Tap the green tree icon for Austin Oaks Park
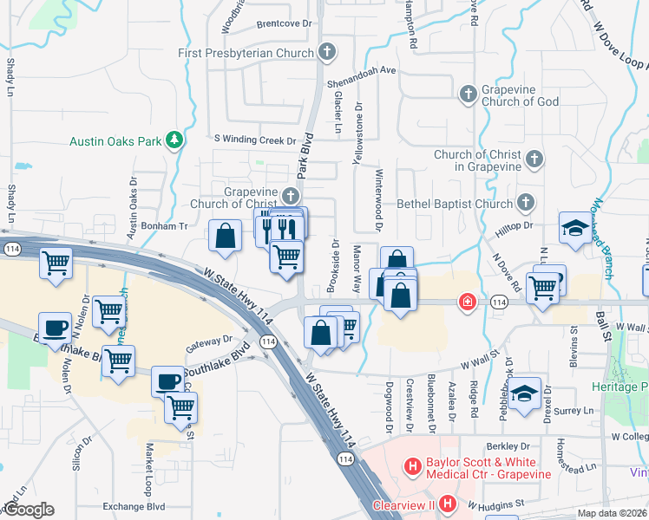(174, 139)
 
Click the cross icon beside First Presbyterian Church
(327, 52)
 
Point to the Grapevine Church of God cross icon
(468, 93)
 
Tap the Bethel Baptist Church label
(455, 204)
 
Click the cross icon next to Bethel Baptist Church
(524, 203)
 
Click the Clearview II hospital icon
(447, 504)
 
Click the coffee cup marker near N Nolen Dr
(55, 328)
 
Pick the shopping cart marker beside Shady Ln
(56, 263)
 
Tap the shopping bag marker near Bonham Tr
(226, 236)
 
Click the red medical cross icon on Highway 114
(468, 302)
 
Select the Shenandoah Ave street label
(361, 71)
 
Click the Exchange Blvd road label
(133, 506)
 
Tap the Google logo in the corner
(29, 510)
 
